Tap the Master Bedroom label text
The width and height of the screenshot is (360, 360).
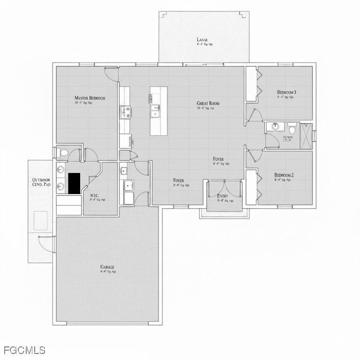pyautogui.click(x=90, y=98)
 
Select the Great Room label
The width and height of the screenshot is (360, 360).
pyautogui.click(x=208, y=104)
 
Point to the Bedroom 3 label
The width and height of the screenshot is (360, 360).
pyautogui.click(x=286, y=92)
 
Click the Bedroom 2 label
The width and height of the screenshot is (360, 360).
pyautogui.click(x=284, y=175)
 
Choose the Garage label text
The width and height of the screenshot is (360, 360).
pyautogui.click(x=107, y=267)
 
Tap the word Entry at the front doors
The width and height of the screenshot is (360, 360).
pyautogui.click(x=223, y=196)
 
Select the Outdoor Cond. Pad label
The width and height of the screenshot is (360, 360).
pyautogui.click(x=41, y=182)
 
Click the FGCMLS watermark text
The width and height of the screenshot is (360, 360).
pyautogui.click(x=24, y=350)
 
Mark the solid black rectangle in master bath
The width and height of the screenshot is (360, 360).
pyautogui.click(x=74, y=183)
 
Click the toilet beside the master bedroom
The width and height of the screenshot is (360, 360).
pyautogui.click(x=63, y=153)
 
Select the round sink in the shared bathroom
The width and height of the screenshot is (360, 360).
pyautogui.click(x=276, y=126)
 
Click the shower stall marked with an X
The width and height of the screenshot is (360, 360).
pyautogui.click(x=306, y=136)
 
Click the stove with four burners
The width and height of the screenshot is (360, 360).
pyautogui.click(x=125, y=112)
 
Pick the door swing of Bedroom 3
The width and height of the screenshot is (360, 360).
pyautogui.click(x=255, y=115)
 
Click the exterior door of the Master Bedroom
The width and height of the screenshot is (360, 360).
pyautogui.click(x=111, y=73)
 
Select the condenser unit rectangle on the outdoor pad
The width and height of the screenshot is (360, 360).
pyautogui.click(x=41, y=220)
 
